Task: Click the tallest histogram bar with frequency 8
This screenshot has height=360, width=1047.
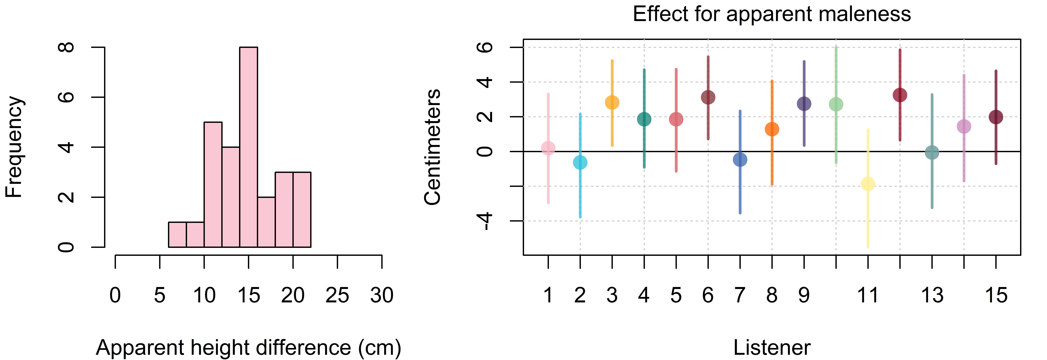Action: tap(248, 147)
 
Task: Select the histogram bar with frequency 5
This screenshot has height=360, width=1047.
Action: tap(213, 184)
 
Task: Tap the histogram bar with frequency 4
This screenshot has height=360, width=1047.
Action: tap(231, 197)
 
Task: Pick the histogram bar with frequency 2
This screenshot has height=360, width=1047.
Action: tap(266, 222)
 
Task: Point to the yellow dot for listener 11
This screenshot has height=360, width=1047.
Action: tap(868, 184)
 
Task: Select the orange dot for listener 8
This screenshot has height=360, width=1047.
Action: tap(772, 129)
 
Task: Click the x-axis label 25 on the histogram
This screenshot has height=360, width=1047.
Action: tap(337, 295)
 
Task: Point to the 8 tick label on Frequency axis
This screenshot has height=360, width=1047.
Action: tap(66, 47)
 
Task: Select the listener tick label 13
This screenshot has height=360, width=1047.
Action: tap(932, 295)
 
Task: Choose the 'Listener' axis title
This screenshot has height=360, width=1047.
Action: tap(772, 348)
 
